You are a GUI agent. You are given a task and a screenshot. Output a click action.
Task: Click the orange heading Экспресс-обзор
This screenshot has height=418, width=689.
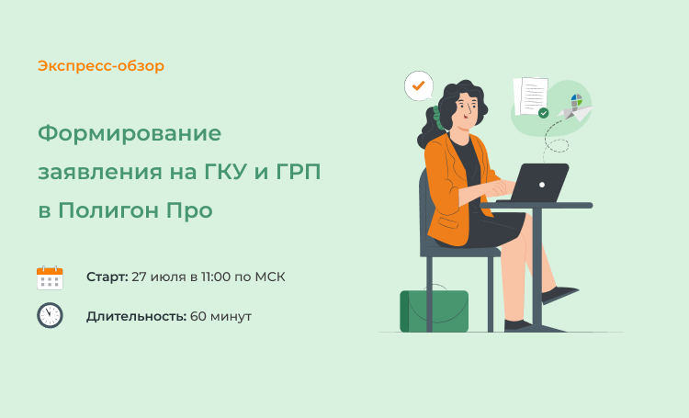[x=101, y=66]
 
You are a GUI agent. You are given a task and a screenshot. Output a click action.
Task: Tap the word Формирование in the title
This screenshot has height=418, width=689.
[x=130, y=133]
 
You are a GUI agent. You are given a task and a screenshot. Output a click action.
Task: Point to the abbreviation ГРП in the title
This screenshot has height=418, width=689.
[x=299, y=172]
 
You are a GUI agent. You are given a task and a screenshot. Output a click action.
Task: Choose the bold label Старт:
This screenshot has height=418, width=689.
[x=107, y=277]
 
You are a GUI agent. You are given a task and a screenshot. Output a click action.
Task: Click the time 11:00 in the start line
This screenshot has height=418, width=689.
[x=216, y=277]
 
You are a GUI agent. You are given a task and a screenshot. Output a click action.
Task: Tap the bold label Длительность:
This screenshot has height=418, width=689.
[x=136, y=316]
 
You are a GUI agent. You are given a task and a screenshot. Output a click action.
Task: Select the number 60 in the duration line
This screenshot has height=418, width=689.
[x=198, y=316]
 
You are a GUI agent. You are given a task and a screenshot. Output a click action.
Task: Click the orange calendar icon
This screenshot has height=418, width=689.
[x=50, y=277]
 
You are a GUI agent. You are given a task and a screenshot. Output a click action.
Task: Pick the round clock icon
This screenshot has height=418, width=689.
[x=50, y=315]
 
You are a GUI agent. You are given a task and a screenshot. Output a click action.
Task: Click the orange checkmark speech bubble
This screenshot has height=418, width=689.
[x=419, y=85]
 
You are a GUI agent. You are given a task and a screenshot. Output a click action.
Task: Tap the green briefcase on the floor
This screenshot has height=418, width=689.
[x=435, y=310]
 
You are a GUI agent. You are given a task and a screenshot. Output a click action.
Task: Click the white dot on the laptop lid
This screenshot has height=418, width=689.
[x=542, y=185]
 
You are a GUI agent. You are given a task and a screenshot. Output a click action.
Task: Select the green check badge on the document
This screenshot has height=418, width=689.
[x=544, y=113]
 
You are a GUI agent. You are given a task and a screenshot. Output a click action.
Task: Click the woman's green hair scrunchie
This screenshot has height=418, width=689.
[x=438, y=118]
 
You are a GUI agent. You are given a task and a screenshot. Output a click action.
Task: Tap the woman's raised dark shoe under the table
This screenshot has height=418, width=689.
[x=559, y=294]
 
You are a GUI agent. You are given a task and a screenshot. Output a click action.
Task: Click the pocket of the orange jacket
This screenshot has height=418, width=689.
[x=448, y=222]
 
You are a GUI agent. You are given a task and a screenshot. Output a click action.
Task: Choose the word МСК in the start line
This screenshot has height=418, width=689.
[x=270, y=277]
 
